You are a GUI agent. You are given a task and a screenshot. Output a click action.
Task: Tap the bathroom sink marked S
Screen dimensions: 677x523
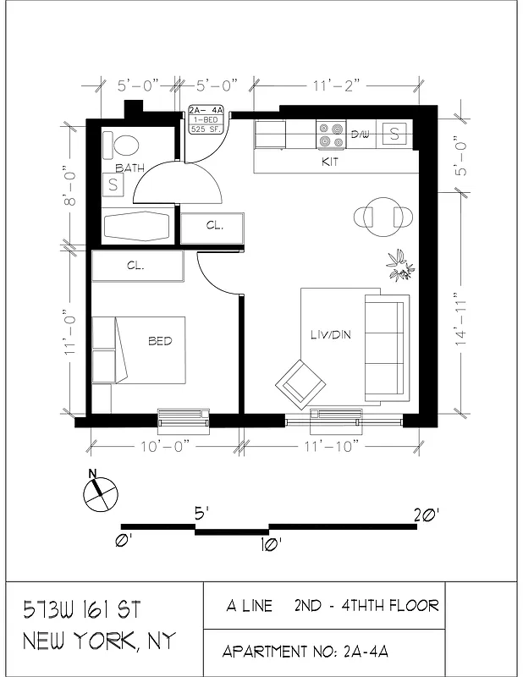click(x=113, y=185)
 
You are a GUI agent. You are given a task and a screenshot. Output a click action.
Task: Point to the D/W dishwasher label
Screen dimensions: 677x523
click(x=361, y=134)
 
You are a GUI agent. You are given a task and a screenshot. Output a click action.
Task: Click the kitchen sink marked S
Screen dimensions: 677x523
click(x=395, y=133)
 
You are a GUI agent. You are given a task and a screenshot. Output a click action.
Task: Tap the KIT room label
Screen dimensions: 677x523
click(x=330, y=161)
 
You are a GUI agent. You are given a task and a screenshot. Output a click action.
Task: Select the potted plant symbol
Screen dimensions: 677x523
click(x=400, y=265)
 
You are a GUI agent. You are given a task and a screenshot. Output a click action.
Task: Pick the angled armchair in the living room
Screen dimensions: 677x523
click(x=300, y=383)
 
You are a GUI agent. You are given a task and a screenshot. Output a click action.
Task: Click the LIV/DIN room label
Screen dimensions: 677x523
click(x=331, y=335)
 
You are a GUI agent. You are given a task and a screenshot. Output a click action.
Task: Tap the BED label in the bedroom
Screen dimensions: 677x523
click(x=160, y=341)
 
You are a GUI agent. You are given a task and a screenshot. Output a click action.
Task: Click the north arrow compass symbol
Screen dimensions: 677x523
click(x=100, y=492)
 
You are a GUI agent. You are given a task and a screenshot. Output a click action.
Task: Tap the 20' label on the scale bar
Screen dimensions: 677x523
click(x=427, y=514)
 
